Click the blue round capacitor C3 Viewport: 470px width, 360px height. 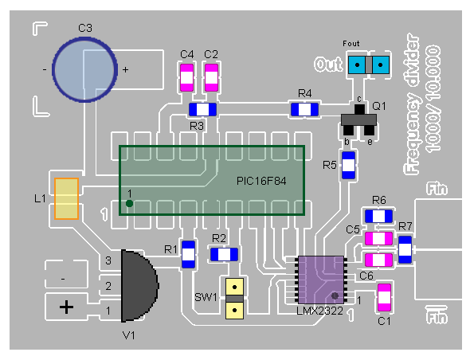click(84, 69)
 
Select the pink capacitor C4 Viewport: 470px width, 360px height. click(186, 77)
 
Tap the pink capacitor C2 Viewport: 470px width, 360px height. click(211, 77)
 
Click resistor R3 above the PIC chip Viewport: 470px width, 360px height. click(202, 110)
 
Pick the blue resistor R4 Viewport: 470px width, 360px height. click(304, 109)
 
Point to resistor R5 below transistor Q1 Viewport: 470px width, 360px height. click(348, 165)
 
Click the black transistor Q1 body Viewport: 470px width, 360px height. click(358, 120)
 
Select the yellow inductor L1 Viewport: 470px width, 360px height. click(67, 199)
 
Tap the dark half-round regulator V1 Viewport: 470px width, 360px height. click(139, 286)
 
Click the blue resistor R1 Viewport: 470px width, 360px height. click(188, 255)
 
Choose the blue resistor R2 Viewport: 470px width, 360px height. click(224, 255)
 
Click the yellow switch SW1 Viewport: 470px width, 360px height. click(234, 299)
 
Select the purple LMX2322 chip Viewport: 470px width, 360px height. click(321, 280)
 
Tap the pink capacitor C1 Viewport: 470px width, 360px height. click(384, 298)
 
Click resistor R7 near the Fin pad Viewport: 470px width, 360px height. click(405, 250)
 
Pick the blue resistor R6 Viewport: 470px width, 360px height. click(378, 216)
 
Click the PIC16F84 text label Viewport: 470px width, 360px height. click(261, 181)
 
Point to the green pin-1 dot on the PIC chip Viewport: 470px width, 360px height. click(130, 204)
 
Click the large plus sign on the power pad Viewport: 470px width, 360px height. click(67, 307)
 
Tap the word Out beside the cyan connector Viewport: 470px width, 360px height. click(328, 65)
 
